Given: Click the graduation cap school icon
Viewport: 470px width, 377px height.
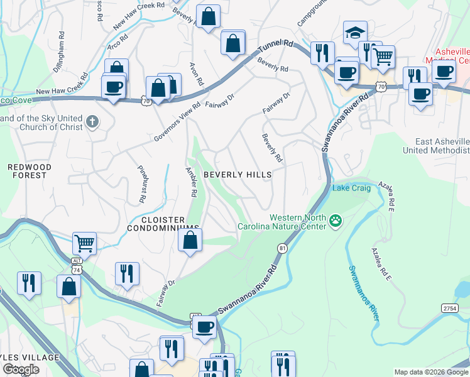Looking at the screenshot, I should point(355,32).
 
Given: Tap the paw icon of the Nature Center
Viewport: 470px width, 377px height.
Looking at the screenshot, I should point(336,221).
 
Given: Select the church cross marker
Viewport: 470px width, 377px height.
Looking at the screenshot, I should point(92,121).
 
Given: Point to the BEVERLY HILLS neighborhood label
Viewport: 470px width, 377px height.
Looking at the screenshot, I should point(238,175).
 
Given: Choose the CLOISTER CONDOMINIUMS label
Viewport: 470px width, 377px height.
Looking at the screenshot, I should point(163,223).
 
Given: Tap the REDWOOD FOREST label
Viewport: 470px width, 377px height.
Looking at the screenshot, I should point(27,171).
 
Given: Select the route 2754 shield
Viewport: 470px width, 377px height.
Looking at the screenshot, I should point(449,308).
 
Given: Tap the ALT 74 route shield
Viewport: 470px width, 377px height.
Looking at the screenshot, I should point(77,266).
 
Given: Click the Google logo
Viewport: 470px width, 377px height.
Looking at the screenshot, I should point(21,370).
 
